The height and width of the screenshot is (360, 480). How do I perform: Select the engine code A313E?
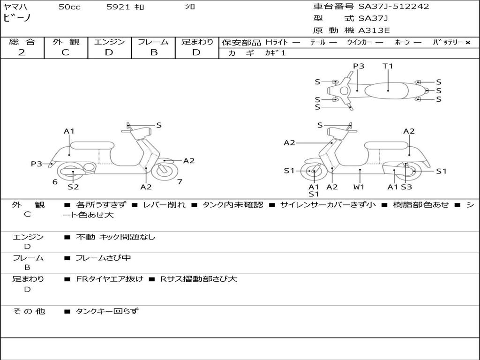tap(374, 30)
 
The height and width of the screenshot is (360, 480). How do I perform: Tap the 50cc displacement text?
tap(69, 7)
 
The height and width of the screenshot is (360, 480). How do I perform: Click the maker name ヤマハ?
tap(14, 7)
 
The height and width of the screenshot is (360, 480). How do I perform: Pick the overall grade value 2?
tap(22, 52)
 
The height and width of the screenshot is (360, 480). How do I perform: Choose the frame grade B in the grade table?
tap(154, 52)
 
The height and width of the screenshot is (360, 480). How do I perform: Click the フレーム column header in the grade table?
tap(154, 42)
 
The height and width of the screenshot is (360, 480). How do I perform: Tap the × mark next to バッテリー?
tap(467, 43)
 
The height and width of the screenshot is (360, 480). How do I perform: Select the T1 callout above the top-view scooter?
tap(388, 66)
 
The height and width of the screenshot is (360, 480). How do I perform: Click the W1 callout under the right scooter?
tap(359, 187)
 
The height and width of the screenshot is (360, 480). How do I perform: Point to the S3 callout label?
tap(406, 187)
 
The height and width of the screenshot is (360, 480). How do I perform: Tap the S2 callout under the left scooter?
tap(73, 187)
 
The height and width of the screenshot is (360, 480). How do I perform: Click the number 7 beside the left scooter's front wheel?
tap(180, 181)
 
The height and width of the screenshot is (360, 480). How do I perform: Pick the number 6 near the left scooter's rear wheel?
tap(55, 181)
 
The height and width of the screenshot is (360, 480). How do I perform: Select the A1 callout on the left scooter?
tap(69, 131)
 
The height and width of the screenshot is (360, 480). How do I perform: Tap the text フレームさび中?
tap(103, 258)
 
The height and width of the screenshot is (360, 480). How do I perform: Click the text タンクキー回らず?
tap(107, 311)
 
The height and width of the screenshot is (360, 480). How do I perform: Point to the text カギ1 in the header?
tap(275, 53)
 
